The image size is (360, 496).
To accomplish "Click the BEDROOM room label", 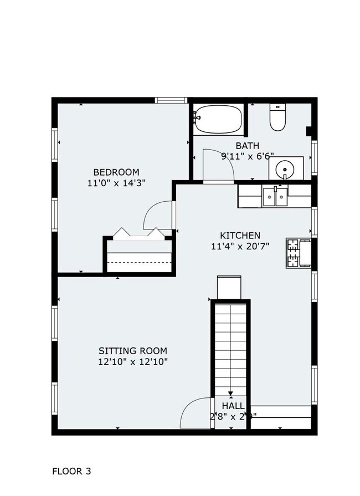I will (116, 172).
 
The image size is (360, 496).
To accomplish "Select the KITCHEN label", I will (240, 236).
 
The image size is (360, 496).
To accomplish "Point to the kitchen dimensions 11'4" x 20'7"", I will (240, 247).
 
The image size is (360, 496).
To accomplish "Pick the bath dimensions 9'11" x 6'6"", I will (247, 156).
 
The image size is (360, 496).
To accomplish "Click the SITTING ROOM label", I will (132, 351).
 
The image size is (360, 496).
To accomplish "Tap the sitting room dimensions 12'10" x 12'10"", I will (132, 362).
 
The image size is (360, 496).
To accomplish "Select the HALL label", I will (233, 406).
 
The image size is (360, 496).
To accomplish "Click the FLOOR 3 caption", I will (71, 472).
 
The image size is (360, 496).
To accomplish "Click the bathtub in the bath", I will (218, 119).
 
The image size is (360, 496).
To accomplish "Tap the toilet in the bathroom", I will (276, 117).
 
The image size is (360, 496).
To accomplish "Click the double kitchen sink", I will (275, 196).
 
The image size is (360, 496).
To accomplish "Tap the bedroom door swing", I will (158, 215).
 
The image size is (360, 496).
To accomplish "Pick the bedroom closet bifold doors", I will (138, 233).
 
